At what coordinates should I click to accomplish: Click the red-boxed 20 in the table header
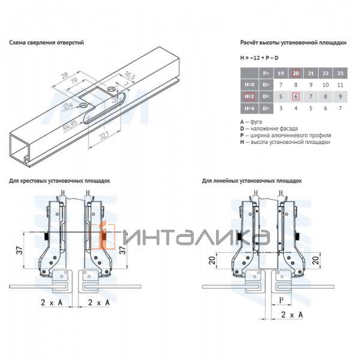(295, 73)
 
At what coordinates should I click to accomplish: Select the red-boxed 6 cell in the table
(295, 96)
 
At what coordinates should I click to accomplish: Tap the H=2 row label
(248, 96)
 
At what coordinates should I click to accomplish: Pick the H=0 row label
(248, 85)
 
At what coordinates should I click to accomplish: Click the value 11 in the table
(340, 85)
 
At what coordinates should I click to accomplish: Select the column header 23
(340, 73)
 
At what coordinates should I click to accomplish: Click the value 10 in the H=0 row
(325, 85)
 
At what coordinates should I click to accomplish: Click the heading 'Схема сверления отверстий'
(46, 43)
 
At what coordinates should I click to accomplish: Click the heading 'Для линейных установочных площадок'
(252, 181)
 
